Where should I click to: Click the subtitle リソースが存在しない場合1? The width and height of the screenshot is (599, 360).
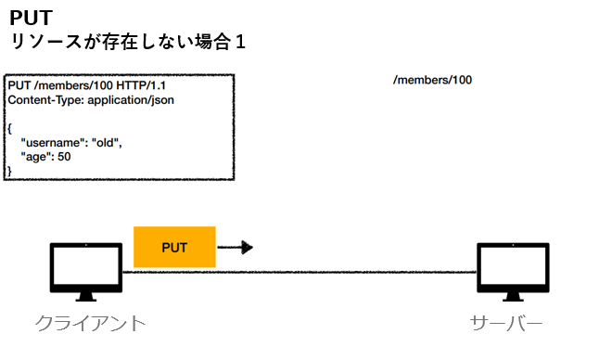127,43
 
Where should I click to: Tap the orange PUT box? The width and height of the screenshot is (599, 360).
174,247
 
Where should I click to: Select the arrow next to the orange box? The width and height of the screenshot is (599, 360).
236,247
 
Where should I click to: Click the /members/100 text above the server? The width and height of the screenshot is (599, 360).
432,80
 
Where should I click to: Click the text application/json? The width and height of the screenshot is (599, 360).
131,99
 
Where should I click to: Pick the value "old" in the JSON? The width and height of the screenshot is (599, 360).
107,144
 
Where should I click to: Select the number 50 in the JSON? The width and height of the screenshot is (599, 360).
64,157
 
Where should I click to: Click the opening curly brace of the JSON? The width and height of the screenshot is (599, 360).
9,129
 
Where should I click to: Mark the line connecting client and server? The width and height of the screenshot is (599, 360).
297,272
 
